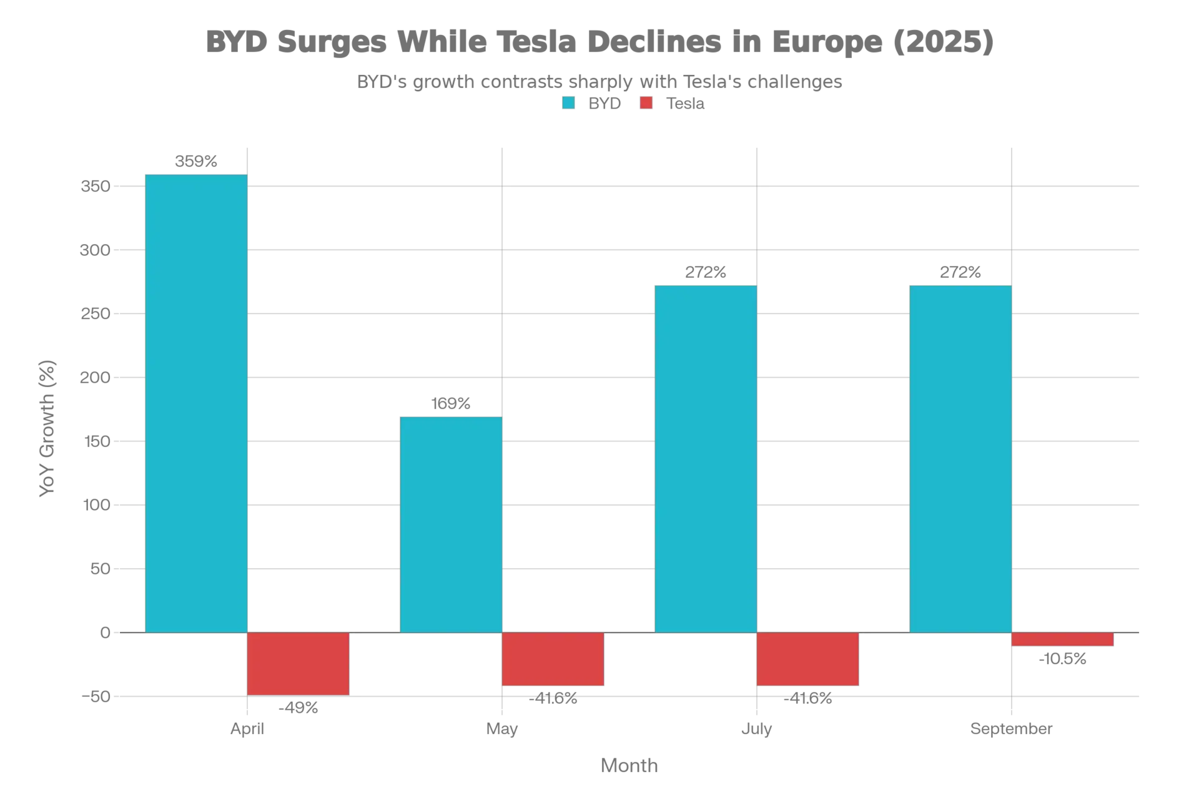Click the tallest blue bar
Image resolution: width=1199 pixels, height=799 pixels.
[x=197, y=403]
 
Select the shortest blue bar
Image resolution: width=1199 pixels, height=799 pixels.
[x=451, y=524]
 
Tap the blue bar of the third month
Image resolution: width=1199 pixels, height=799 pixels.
[x=704, y=459]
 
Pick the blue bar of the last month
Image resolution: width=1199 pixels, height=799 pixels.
[x=960, y=459]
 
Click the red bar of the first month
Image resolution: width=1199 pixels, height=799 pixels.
[x=298, y=663]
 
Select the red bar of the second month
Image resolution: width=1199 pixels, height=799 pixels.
[x=553, y=659]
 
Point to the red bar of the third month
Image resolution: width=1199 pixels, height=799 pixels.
[x=807, y=659]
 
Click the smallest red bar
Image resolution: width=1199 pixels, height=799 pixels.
[x=1062, y=640]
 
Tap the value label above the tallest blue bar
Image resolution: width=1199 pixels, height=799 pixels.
[x=197, y=163]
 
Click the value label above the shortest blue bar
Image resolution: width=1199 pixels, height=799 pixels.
[x=451, y=403]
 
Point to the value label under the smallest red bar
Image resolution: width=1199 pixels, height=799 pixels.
[x=1062, y=660]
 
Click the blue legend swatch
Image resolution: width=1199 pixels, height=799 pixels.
[x=570, y=103]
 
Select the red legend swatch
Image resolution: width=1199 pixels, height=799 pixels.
[x=644, y=103]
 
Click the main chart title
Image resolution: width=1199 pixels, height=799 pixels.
[x=598, y=41]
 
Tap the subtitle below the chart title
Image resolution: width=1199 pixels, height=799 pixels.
[x=598, y=81]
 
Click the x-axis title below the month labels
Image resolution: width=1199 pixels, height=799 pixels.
[x=629, y=764]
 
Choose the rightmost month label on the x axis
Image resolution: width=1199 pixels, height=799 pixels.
[x=1011, y=729]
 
